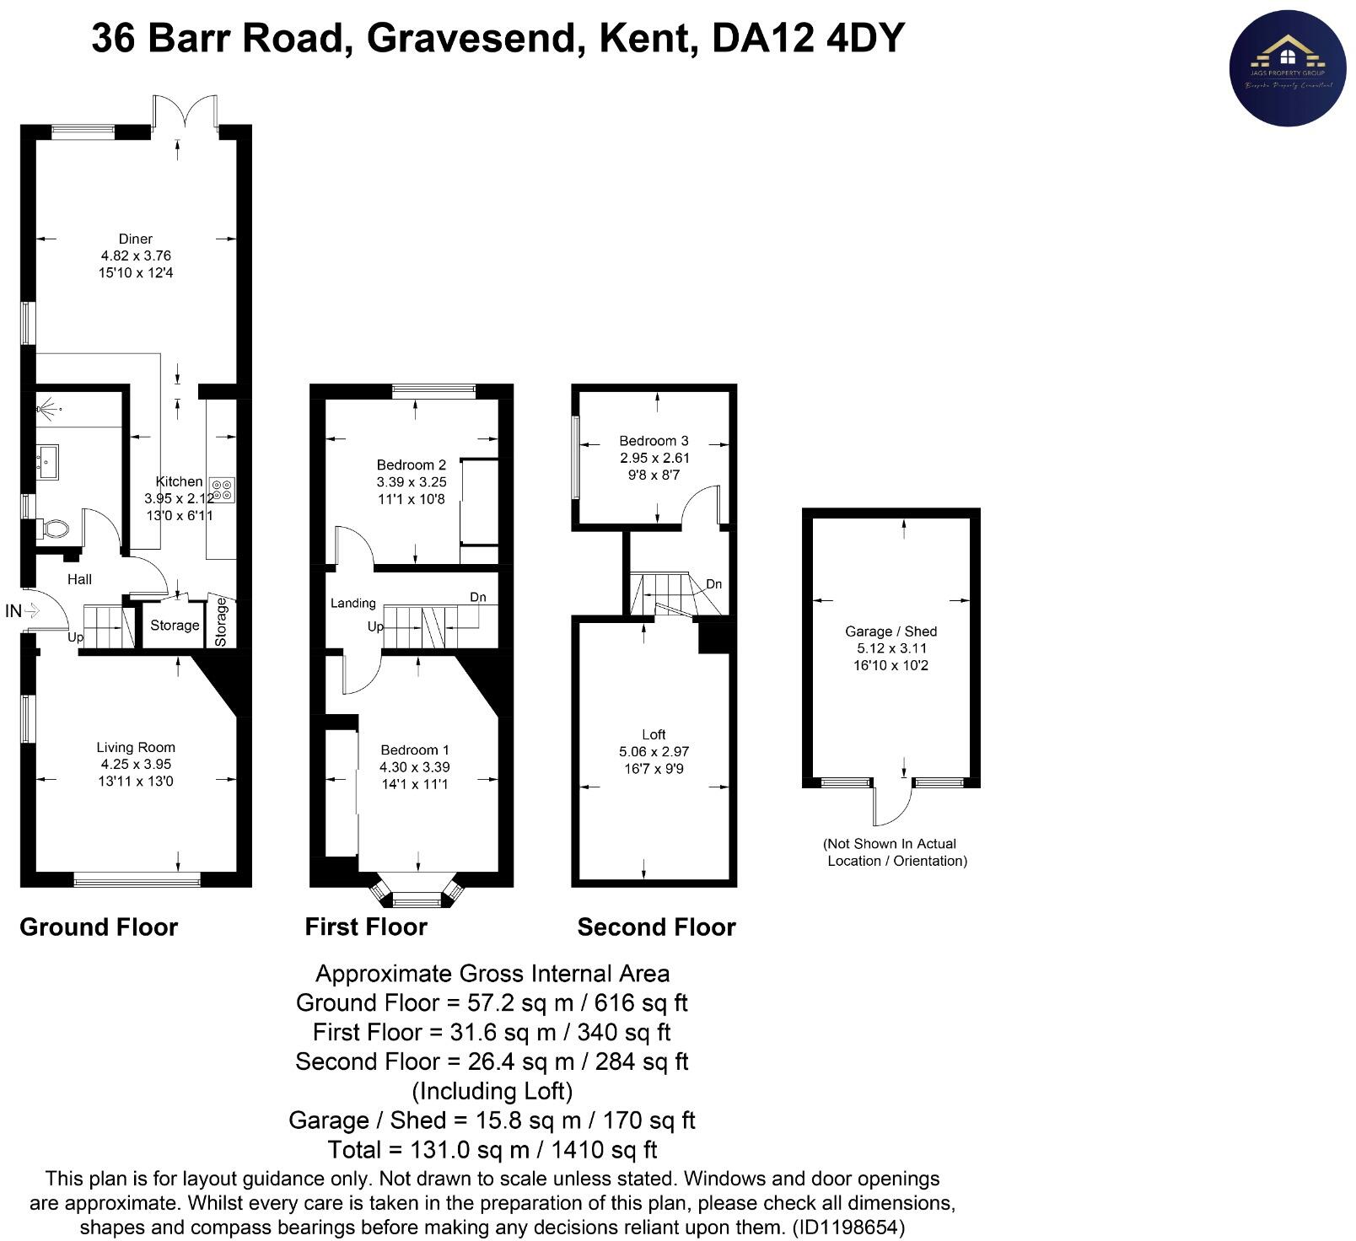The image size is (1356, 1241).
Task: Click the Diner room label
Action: tap(136, 239)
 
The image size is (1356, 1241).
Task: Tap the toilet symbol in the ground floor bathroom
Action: tap(56, 529)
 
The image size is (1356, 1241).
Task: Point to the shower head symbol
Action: tap(47, 411)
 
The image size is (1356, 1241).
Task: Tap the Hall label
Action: tap(80, 579)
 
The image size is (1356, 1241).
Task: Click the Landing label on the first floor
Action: tap(352, 603)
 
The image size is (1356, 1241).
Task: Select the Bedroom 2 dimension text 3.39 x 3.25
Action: tap(412, 482)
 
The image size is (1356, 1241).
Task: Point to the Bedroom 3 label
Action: tap(654, 440)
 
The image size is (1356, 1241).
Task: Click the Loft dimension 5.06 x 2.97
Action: tap(654, 751)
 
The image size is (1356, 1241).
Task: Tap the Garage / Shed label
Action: tap(891, 631)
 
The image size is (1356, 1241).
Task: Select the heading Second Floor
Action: tap(656, 927)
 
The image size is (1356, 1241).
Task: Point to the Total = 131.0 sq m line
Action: tap(492, 1149)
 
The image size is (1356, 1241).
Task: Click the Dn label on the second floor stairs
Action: tap(713, 584)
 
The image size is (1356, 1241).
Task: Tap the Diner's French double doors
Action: tap(185, 115)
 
